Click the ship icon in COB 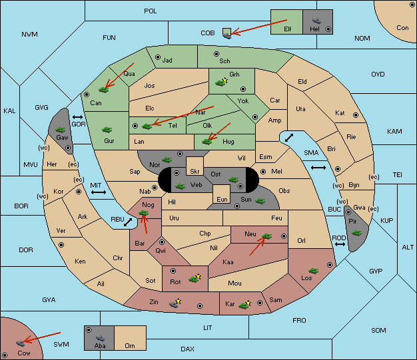pos(227,35)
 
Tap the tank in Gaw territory pos(61,130)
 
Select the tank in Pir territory pos(356,233)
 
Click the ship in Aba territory pos(101,338)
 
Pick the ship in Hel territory pos(316,21)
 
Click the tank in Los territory pos(314,271)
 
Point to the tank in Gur pos(107,130)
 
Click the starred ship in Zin pos(175,303)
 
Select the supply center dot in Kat pos(356,115)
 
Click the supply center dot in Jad pos(158,57)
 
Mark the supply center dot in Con pos(412,5)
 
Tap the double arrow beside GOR pos(78,117)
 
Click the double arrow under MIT pos(99,192)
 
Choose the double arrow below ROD pos(340,244)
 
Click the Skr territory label pos(195,172)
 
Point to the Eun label pos(222,199)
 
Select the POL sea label pos(151,11)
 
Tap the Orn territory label pos(130,345)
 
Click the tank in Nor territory pos(167,160)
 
